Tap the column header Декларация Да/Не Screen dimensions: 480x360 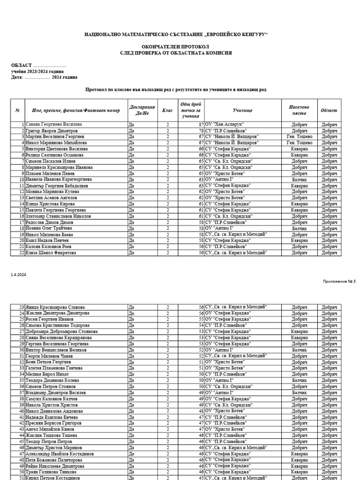[142, 110]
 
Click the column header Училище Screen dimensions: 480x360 [242, 110]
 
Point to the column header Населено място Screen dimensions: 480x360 [299, 110]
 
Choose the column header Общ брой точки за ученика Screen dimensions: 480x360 [191, 110]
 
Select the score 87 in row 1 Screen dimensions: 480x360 [201, 124]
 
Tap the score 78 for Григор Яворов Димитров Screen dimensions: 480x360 [201, 130]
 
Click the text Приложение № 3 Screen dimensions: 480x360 [339, 281]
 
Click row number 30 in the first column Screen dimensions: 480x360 [21, 350]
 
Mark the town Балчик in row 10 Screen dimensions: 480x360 [299, 180]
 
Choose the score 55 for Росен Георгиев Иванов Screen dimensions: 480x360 [201, 319]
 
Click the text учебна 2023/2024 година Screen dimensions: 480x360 [37, 71]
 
